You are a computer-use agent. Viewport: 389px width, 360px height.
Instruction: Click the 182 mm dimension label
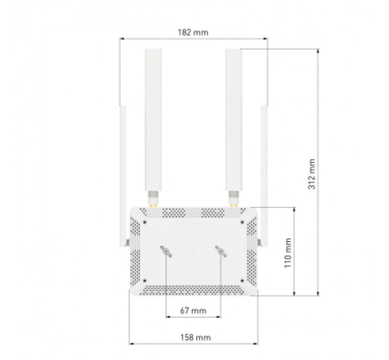(x=193, y=33)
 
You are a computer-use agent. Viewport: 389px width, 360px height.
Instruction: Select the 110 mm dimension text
(x=289, y=252)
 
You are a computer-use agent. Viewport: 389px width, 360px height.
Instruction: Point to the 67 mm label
(x=193, y=310)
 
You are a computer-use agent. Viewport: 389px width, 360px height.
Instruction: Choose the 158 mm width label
(x=193, y=338)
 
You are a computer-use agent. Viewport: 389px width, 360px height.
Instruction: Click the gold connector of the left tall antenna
(x=153, y=200)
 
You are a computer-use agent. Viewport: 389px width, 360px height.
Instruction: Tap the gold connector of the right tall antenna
(x=233, y=200)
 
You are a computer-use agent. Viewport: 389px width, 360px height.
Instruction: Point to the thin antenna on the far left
(x=123, y=171)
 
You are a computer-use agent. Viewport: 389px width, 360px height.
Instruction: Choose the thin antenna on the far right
(x=264, y=171)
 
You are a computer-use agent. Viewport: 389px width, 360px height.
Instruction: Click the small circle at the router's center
(x=193, y=250)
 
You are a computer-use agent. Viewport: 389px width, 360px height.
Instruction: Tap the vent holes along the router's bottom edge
(x=193, y=291)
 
